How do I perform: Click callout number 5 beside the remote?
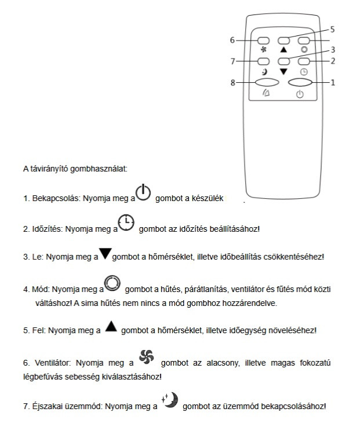click(332, 28)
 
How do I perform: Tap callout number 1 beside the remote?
click(333, 82)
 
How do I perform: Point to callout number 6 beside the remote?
click(232, 41)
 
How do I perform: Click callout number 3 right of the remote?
click(333, 50)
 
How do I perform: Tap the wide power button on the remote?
click(300, 82)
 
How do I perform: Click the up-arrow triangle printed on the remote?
click(283, 50)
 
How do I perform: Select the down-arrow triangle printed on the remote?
click(283, 71)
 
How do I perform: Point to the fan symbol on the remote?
click(263, 50)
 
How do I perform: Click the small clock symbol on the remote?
click(304, 71)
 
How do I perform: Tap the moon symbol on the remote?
click(264, 72)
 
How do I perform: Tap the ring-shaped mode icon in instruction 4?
click(112, 284)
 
